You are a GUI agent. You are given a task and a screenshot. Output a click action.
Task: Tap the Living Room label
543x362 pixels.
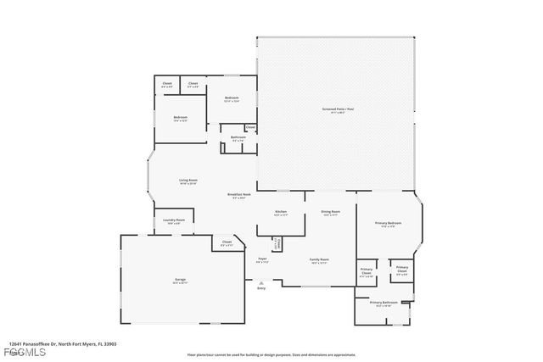188,180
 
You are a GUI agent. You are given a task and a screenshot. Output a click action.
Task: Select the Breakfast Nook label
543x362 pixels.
237,195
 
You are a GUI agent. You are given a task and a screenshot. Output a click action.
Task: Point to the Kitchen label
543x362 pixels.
281,212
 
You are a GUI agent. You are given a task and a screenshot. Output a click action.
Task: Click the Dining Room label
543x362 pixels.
330,212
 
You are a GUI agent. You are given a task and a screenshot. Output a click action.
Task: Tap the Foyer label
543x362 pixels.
262,259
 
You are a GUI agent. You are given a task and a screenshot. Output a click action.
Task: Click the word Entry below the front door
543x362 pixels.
260,289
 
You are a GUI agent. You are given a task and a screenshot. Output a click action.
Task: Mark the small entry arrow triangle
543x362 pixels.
260,282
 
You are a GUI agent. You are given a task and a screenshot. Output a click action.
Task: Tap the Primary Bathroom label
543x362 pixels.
383,302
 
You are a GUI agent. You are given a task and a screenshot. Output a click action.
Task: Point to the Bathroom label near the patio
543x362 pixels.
238,137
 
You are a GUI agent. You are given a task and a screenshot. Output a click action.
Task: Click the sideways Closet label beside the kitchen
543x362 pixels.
276,244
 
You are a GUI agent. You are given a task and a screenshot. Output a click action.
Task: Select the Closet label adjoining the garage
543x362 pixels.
227,242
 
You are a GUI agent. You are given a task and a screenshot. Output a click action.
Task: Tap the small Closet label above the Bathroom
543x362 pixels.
250,128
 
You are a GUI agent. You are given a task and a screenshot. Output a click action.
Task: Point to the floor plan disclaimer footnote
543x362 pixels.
271,354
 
